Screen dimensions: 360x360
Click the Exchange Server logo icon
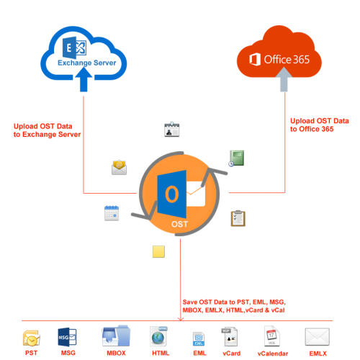pyautogui.click(x=74, y=48)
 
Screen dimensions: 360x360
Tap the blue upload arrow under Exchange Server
pyautogui.click(x=84, y=79)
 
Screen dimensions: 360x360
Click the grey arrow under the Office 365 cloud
pyautogui.click(x=284, y=79)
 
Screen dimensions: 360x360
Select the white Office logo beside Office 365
pyautogui.click(x=255, y=59)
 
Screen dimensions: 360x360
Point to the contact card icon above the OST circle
pyautogui.click(x=172, y=130)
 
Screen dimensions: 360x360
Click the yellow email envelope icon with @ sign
pyautogui.click(x=119, y=167)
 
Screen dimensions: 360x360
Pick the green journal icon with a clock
pyautogui.click(x=236, y=158)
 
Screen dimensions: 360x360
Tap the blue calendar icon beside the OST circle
pyautogui.click(x=112, y=213)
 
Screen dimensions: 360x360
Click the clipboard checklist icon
pyautogui.click(x=238, y=218)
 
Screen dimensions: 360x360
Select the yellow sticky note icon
pyautogui.click(x=158, y=251)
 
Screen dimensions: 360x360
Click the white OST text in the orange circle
pyautogui.click(x=179, y=224)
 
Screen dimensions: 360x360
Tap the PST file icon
pyautogui.click(x=31, y=338)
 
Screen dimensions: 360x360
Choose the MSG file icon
pyautogui.click(x=67, y=337)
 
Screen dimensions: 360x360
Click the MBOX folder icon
pyautogui.click(x=116, y=336)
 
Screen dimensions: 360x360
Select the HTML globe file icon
pyautogui.click(x=158, y=336)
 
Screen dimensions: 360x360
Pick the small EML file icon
pyautogui.click(x=199, y=339)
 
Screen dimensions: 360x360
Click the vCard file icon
pyautogui.click(x=230, y=336)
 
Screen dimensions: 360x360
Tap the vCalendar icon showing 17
pyautogui.click(x=272, y=336)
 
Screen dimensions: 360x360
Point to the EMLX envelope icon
pyautogui.click(x=318, y=337)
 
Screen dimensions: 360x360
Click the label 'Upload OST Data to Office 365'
pyautogui.click(x=320, y=125)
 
